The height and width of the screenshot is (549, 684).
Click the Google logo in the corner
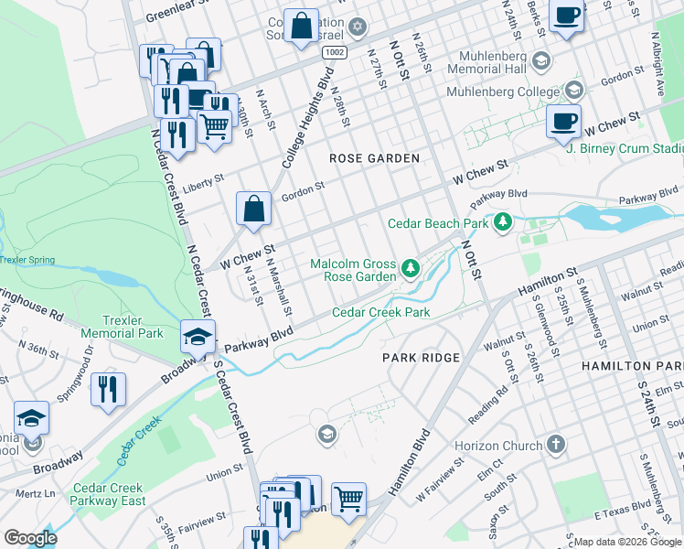(30, 538)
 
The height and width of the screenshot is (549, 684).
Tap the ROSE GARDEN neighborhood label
(374, 158)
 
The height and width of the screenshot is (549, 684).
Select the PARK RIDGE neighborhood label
(421, 357)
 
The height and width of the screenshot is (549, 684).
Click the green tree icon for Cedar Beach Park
(502, 222)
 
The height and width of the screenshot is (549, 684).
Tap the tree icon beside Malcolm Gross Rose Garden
(411, 269)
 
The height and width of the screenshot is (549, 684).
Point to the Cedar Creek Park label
(380, 312)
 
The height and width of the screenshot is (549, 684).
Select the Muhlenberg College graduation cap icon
(573, 91)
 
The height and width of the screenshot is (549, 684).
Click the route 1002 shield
(335, 53)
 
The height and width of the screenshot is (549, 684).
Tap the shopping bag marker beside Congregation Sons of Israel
(300, 27)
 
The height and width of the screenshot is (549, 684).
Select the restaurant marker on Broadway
(109, 389)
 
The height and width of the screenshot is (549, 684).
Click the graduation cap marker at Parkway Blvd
(198, 337)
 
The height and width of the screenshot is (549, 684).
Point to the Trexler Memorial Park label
(122, 328)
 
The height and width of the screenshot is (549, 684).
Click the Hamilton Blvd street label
(411, 463)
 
